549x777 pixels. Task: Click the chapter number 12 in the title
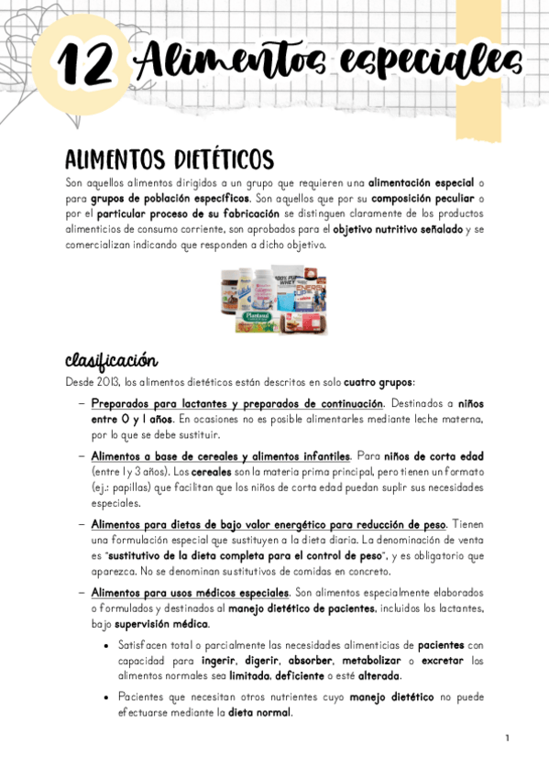(87, 64)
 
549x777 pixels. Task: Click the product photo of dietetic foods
(273, 299)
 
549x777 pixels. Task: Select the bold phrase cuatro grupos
(380, 381)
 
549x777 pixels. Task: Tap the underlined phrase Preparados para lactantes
(163, 403)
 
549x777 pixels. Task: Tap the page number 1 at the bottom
(505, 739)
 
